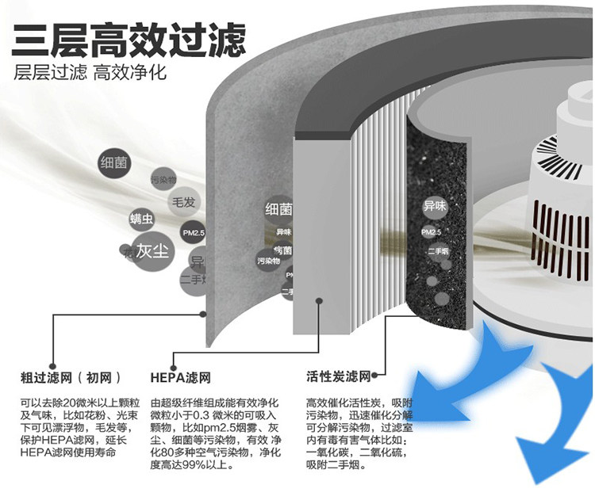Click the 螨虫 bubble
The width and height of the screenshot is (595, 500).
142,218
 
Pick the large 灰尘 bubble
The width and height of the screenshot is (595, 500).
152,251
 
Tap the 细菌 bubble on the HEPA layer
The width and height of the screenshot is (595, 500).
278,210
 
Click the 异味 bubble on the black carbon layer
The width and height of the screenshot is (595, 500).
435,205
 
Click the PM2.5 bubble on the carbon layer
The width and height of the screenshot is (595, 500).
430,231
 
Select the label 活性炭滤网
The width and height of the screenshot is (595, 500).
339,375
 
